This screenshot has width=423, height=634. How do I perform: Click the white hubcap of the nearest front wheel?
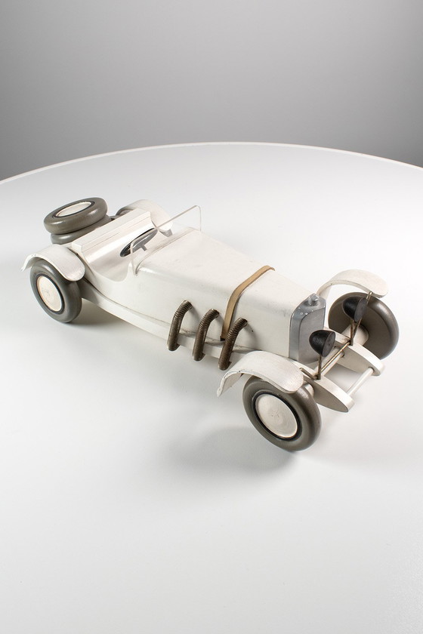(x=276, y=416)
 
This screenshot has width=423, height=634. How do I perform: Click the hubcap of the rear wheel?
(x=50, y=293)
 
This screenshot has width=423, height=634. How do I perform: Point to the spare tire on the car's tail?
(x=75, y=215)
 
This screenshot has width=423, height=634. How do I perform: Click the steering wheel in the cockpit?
(x=139, y=242)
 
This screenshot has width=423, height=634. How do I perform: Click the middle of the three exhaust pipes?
(x=204, y=333)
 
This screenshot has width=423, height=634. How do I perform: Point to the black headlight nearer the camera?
(x=323, y=343)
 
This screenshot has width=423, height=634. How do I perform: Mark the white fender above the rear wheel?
(x=57, y=261)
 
